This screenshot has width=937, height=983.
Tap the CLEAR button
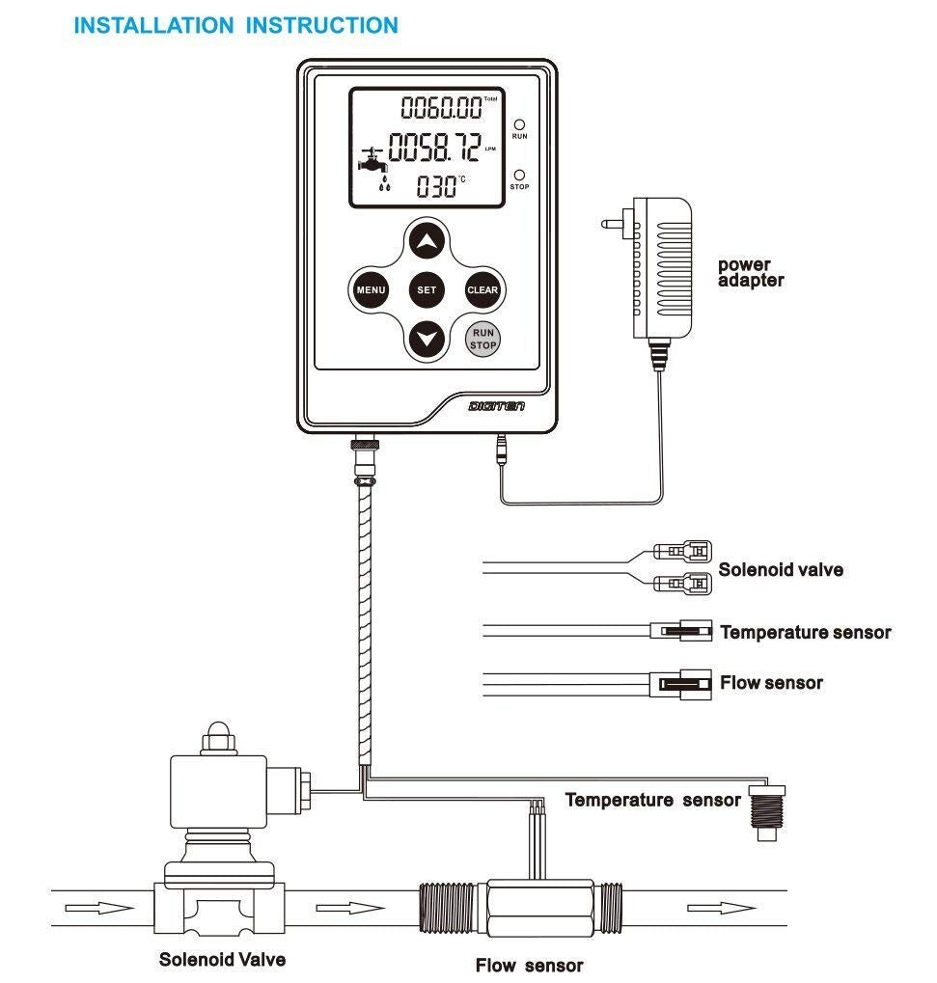[x=482, y=289]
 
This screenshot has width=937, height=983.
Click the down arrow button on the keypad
[x=427, y=339]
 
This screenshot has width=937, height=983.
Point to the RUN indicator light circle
[x=519, y=124]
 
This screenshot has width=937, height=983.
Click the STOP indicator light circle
[x=519, y=175]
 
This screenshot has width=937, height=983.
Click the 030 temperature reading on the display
[x=434, y=186]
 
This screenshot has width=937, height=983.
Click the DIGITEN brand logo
[x=496, y=408]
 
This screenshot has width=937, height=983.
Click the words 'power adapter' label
[x=751, y=273]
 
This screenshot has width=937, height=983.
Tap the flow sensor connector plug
[x=684, y=684]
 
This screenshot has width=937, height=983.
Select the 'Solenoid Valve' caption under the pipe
[x=222, y=959]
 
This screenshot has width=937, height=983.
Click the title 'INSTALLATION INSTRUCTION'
[x=235, y=26]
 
